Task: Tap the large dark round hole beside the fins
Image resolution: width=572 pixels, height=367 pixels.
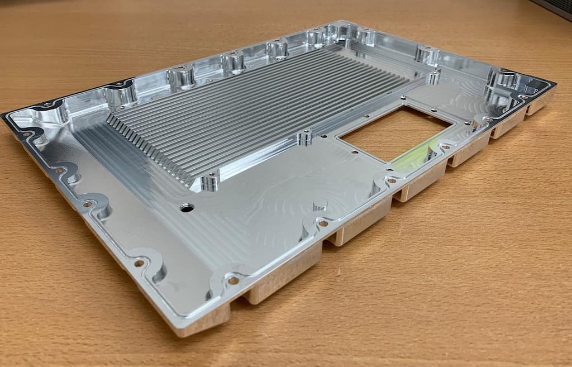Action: coord(187,208)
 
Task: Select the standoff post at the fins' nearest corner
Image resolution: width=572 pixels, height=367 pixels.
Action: coord(209,182)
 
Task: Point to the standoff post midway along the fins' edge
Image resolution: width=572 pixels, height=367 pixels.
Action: coord(305,137)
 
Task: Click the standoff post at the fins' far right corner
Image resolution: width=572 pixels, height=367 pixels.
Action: coord(433,77)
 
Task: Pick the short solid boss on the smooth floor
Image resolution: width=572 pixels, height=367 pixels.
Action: coord(320,206)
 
